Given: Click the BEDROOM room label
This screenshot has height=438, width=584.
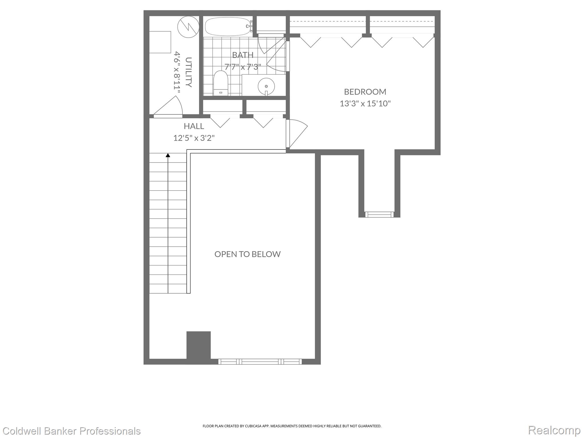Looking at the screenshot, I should tap(365, 92).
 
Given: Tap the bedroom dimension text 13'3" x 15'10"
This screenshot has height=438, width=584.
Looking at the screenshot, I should tap(365, 104).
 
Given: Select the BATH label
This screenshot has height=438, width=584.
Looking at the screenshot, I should tap(243, 55).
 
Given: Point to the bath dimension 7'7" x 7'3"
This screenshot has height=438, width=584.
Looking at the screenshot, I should tap(243, 67).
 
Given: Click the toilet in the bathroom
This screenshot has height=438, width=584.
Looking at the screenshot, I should tap(221, 83).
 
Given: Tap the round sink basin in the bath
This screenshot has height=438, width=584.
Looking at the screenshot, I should tap(266, 86).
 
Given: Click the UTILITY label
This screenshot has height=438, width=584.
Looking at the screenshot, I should tap(188, 72).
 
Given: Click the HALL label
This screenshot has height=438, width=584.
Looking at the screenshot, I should tap(194, 126).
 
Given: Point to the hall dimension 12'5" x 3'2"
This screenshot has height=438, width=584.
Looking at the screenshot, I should tap(194, 138).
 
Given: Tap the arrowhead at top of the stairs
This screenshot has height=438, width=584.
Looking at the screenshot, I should tap(168, 155).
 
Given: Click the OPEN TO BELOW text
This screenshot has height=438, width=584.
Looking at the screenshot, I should tap(248, 254).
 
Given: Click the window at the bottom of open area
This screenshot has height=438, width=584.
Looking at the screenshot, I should tap(260, 362).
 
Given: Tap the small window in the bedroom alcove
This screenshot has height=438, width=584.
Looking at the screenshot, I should tap(379, 214).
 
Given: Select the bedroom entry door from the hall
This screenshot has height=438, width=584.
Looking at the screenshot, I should tap(297, 133).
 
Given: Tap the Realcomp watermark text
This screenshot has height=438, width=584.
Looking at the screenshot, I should tap(554, 430).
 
